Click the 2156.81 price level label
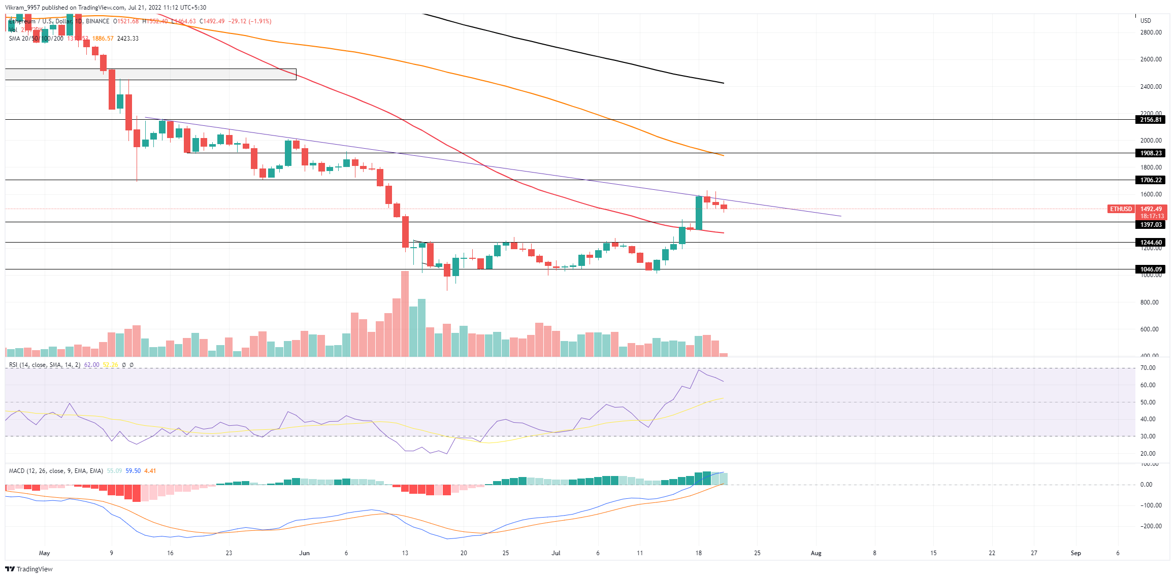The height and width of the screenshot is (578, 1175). tap(1150, 120)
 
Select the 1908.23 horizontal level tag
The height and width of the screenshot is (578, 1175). tap(1150, 153)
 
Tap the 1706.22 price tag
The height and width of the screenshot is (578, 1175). tap(1150, 180)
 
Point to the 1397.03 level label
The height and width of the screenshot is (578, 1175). tap(1150, 225)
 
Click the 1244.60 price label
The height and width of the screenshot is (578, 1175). tap(1150, 243)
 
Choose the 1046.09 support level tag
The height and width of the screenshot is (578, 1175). tap(1150, 269)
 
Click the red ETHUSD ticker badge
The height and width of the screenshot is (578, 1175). tap(1121, 209)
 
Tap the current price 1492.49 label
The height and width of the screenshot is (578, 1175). tap(1151, 209)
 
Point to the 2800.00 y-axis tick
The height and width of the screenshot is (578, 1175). tap(1151, 32)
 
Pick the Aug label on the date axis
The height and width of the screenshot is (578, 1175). tap(815, 553)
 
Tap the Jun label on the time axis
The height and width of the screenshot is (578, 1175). tap(304, 553)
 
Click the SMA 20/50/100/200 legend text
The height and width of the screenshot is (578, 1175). tap(36, 39)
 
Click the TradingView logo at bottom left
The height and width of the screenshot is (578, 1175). tap(29, 569)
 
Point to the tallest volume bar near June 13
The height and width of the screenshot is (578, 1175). tap(405, 315)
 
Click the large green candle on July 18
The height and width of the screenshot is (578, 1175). tap(699, 213)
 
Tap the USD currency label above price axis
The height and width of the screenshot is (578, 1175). tap(1146, 21)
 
